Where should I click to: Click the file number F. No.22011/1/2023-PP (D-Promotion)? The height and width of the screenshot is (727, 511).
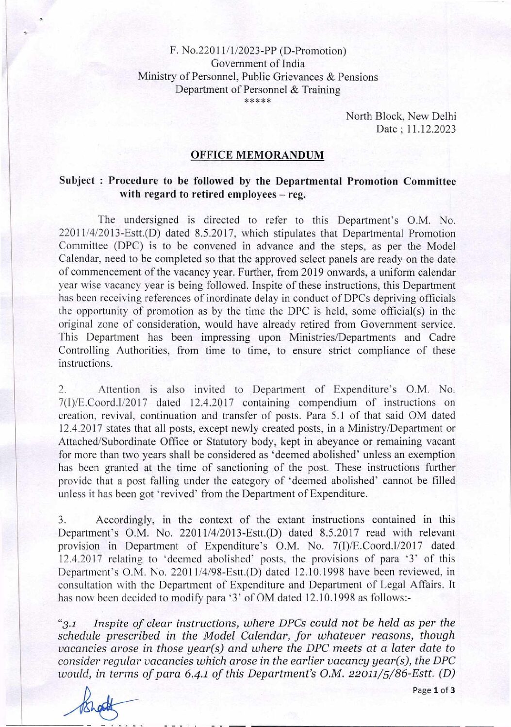(x=258, y=51)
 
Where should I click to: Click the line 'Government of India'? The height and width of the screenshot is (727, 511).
(x=258, y=64)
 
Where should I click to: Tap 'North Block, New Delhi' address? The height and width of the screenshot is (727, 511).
(x=400, y=117)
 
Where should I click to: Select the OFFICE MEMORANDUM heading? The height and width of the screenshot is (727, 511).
(x=257, y=155)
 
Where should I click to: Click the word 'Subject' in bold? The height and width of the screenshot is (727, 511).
(x=77, y=181)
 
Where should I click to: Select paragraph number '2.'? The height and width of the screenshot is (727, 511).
(x=62, y=389)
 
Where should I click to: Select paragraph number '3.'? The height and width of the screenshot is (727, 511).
(x=62, y=520)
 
